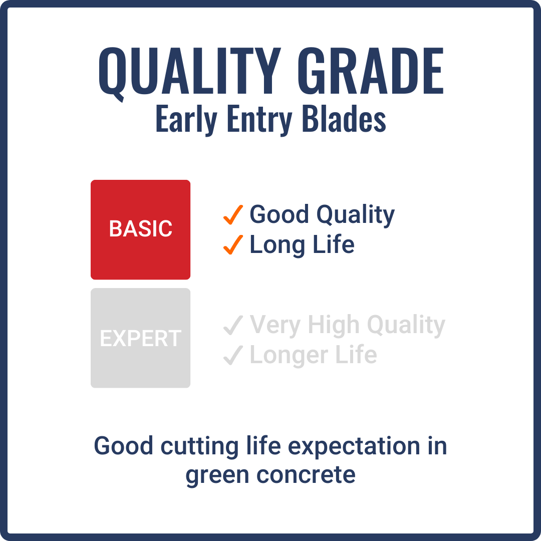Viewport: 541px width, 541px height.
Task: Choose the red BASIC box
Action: [x=140, y=229]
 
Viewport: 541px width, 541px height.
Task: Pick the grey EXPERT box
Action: [x=140, y=338]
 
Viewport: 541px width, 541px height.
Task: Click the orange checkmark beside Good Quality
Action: [x=233, y=215]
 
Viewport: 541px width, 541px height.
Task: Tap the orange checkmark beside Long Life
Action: [x=233, y=245]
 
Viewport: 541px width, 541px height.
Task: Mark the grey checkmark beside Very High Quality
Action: [x=233, y=326]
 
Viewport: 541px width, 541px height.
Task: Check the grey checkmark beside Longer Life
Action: [x=233, y=356]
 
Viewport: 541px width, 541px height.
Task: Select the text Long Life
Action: [x=302, y=245]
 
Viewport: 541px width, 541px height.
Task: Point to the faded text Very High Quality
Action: [x=347, y=326]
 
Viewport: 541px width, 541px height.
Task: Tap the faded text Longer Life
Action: [x=313, y=355]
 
